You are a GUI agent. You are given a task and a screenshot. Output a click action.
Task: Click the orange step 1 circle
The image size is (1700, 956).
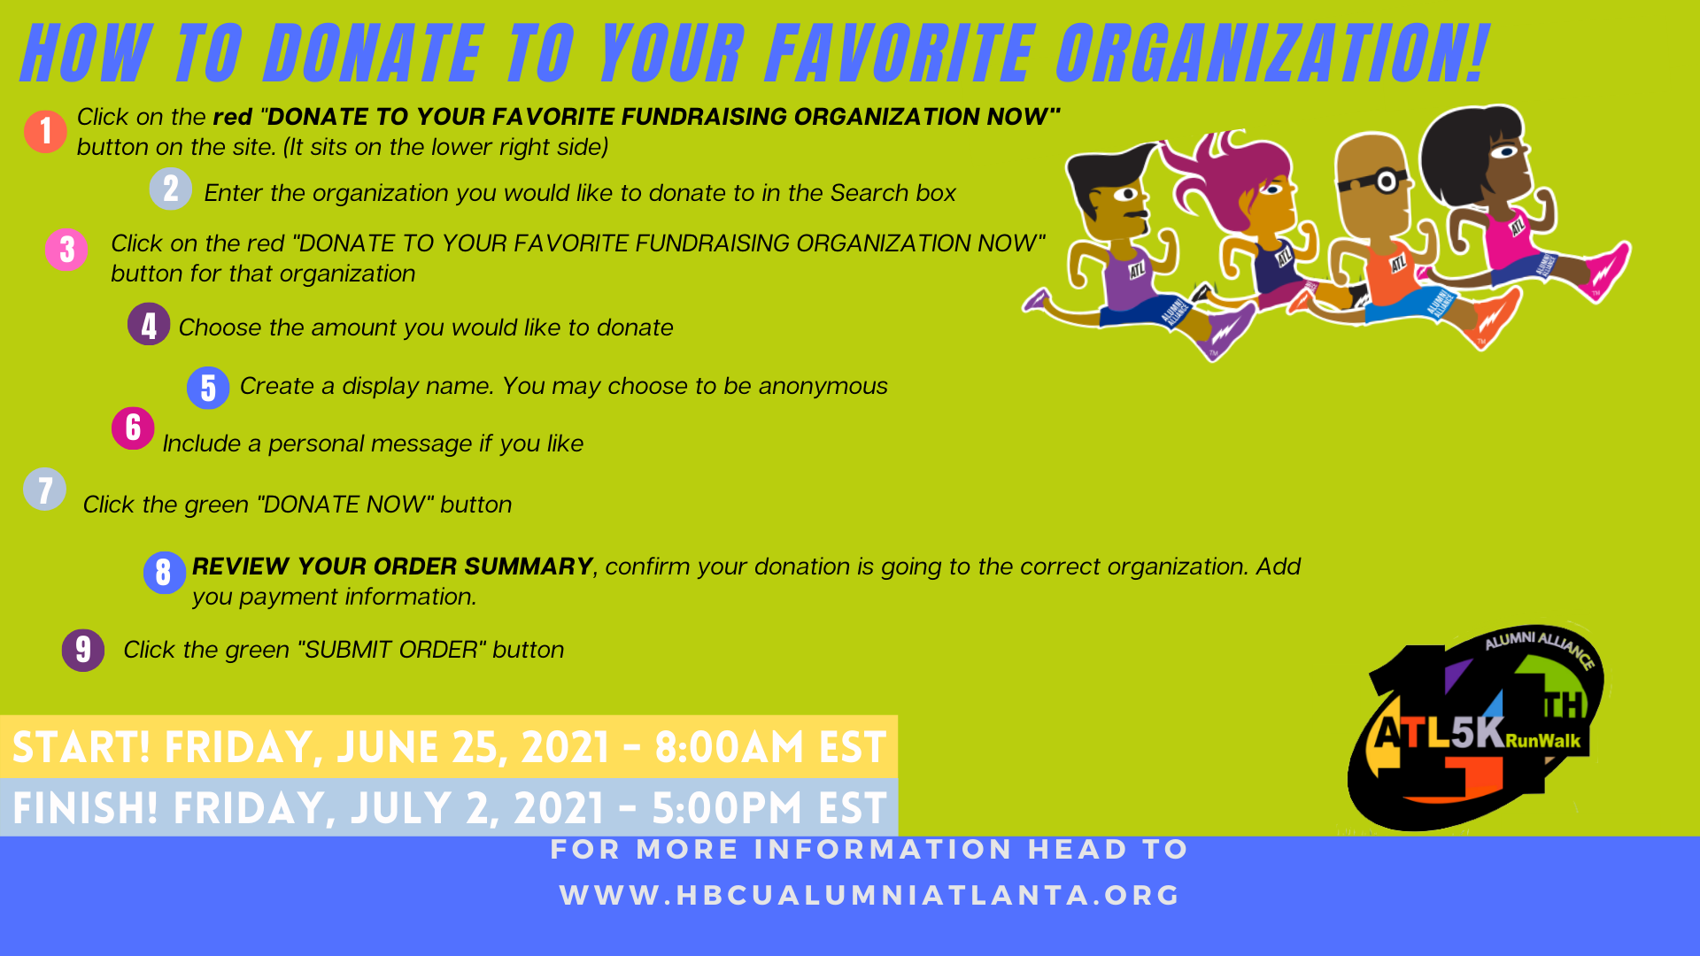(45, 132)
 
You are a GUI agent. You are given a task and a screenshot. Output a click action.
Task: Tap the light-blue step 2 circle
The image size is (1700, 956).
(171, 189)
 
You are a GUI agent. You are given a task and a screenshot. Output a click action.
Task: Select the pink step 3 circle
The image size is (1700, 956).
(66, 250)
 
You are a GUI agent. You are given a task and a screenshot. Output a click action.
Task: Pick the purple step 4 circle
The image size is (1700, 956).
(149, 324)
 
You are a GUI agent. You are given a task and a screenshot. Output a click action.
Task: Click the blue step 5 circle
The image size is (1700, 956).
(208, 388)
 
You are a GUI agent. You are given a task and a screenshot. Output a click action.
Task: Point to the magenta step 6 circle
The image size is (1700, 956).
(133, 428)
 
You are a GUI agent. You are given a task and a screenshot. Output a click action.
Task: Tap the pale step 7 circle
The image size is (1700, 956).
(45, 490)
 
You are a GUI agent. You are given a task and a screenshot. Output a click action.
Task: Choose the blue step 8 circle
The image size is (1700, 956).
(165, 573)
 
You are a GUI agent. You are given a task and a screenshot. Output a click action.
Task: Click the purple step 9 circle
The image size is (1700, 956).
(83, 651)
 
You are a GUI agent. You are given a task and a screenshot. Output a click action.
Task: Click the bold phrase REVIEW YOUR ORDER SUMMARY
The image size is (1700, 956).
(392, 567)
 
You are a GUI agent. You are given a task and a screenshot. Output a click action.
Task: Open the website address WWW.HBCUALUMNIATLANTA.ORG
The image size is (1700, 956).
(870, 895)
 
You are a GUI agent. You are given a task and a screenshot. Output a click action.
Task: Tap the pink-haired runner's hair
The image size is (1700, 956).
(1226, 177)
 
